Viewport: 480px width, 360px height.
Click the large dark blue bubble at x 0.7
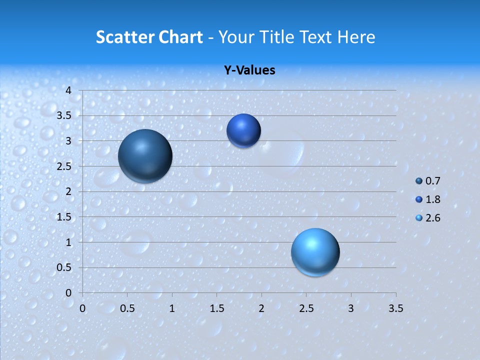pyautogui.click(x=145, y=156)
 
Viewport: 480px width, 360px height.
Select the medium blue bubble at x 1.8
pyautogui.click(x=243, y=130)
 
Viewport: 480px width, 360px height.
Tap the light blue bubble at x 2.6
pyautogui.click(x=315, y=252)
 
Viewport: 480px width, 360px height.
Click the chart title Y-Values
pyautogui.click(x=249, y=70)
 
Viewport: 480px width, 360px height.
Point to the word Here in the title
pyautogui.click(x=355, y=37)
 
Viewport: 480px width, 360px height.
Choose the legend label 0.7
pyautogui.click(x=432, y=181)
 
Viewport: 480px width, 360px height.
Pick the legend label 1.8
pyautogui.click(x=432, y=199)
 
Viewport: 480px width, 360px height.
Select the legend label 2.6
pyautogui.click(x=432, y=218)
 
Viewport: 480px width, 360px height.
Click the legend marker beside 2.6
pyautogui.click(x=419, y=218)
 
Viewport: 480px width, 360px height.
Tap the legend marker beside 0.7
pyautogui.click(x=419, y=181)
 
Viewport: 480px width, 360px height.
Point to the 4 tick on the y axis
pyautogui.click(x=69, y=90)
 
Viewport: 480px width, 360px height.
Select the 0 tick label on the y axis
pyautogui.click(x=69, y=293)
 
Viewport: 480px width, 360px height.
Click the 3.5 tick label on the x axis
pyautogui.click(x=395, y=308)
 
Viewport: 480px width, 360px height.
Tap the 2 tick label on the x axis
pyautogui.click(x=261, y=308)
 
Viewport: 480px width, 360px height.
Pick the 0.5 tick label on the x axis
pyautogui.click(x=127, y=308)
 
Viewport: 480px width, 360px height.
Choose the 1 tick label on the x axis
pyautogui.click(x=172, y=308)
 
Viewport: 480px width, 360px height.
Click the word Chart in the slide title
pyautogui.click(x=180, y=37)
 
